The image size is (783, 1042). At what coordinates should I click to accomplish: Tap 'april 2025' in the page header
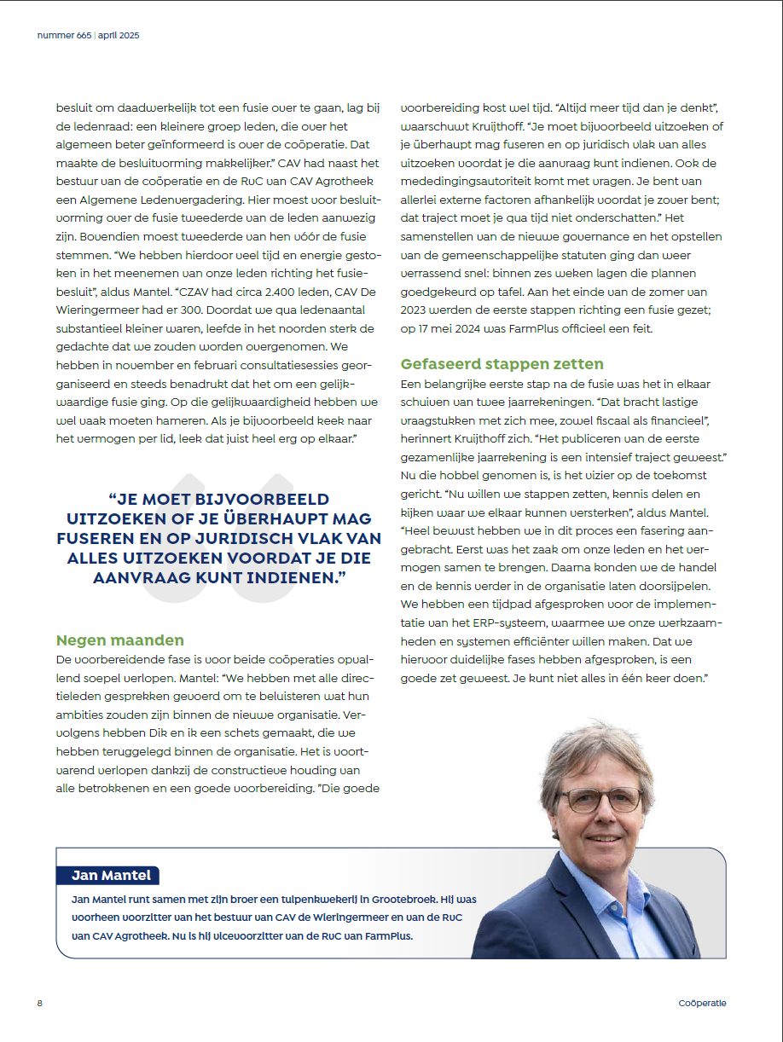click(118, 36)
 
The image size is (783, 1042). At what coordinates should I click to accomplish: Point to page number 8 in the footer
click(39, 1003)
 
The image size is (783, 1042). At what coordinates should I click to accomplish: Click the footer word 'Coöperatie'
click(703, 1003)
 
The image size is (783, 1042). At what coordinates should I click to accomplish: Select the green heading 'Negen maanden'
click(119, 640)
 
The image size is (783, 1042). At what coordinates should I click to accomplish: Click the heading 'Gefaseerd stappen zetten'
click(502, 364)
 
